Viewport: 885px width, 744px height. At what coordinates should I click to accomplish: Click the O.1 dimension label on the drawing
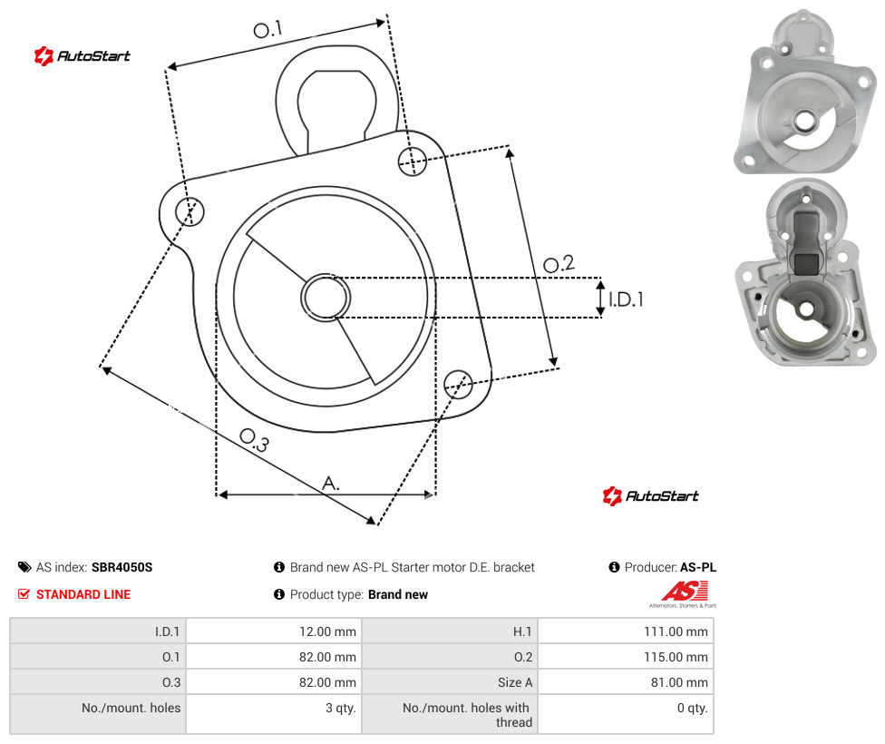[267, 29]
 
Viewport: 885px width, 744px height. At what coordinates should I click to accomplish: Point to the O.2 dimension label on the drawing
[559, 264]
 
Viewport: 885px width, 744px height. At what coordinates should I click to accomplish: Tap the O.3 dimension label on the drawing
[255, 440]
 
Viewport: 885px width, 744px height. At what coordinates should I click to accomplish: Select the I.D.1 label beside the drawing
[626, 299]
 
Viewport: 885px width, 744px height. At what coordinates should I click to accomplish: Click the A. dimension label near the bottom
[331, 484]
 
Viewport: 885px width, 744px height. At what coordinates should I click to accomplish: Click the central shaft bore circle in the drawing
[326, 298]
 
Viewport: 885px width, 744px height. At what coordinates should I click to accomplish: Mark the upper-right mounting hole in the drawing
[413, 161]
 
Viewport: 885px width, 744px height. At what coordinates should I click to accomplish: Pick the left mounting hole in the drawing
[190, 211]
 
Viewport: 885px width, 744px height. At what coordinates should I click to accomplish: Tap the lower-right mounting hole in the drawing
[458, 384]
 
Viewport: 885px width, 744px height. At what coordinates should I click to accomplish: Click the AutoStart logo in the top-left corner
[83, 56]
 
